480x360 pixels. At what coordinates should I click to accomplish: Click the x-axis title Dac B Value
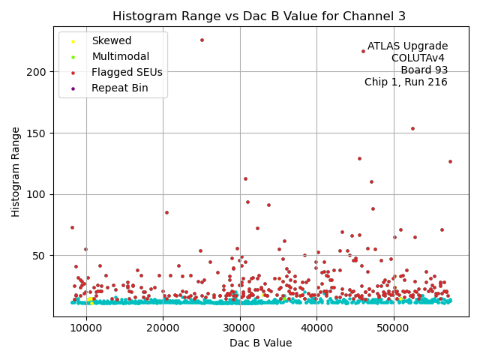pyautogui.click(x=260, y=343)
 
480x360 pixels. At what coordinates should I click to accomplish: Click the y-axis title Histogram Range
pyautogui.click(x=16, y=172)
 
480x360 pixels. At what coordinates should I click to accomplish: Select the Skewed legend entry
pyautogui.click(x=111, y=41)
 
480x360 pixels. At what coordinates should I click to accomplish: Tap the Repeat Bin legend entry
pyautogui.click(x=119, y=88)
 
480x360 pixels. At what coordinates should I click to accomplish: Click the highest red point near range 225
pyautogui.click(x=202, y=40)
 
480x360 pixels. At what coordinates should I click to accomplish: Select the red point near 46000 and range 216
pyautogui.click(x=363, y=51)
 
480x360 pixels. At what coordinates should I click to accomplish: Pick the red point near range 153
pyautogui.click(x=412, y=128)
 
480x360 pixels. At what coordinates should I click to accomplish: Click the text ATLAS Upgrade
pyautogui.click(x=407, y=46)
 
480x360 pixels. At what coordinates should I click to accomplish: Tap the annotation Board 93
pyautogui.click(x=424, y=70)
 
